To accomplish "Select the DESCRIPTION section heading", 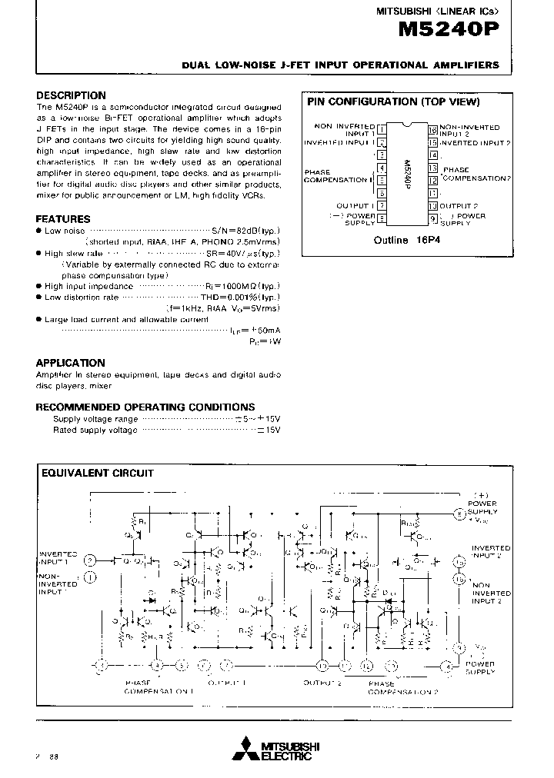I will (71, 95).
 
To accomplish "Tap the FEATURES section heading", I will (63, 218).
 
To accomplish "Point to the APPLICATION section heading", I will (71, 363).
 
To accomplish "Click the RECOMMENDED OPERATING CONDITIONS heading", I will (145, 407).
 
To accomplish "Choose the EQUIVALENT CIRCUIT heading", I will (97, 474).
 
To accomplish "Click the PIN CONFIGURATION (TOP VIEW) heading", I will (393, 101).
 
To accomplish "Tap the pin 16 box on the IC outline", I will (433, 128).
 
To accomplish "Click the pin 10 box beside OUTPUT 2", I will (433, 206).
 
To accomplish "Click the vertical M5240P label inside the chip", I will (406, 174).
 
